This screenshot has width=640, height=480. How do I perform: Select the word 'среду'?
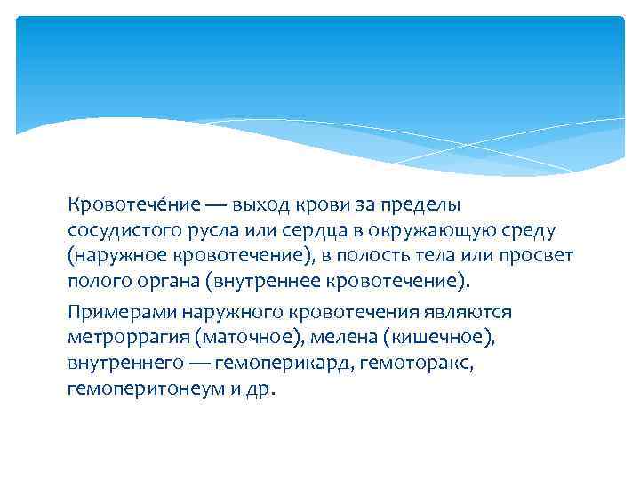(x=527, y=231)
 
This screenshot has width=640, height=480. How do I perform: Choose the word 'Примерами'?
(x=121, y=313)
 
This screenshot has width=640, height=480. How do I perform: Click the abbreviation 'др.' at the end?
(x=263, y=390)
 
